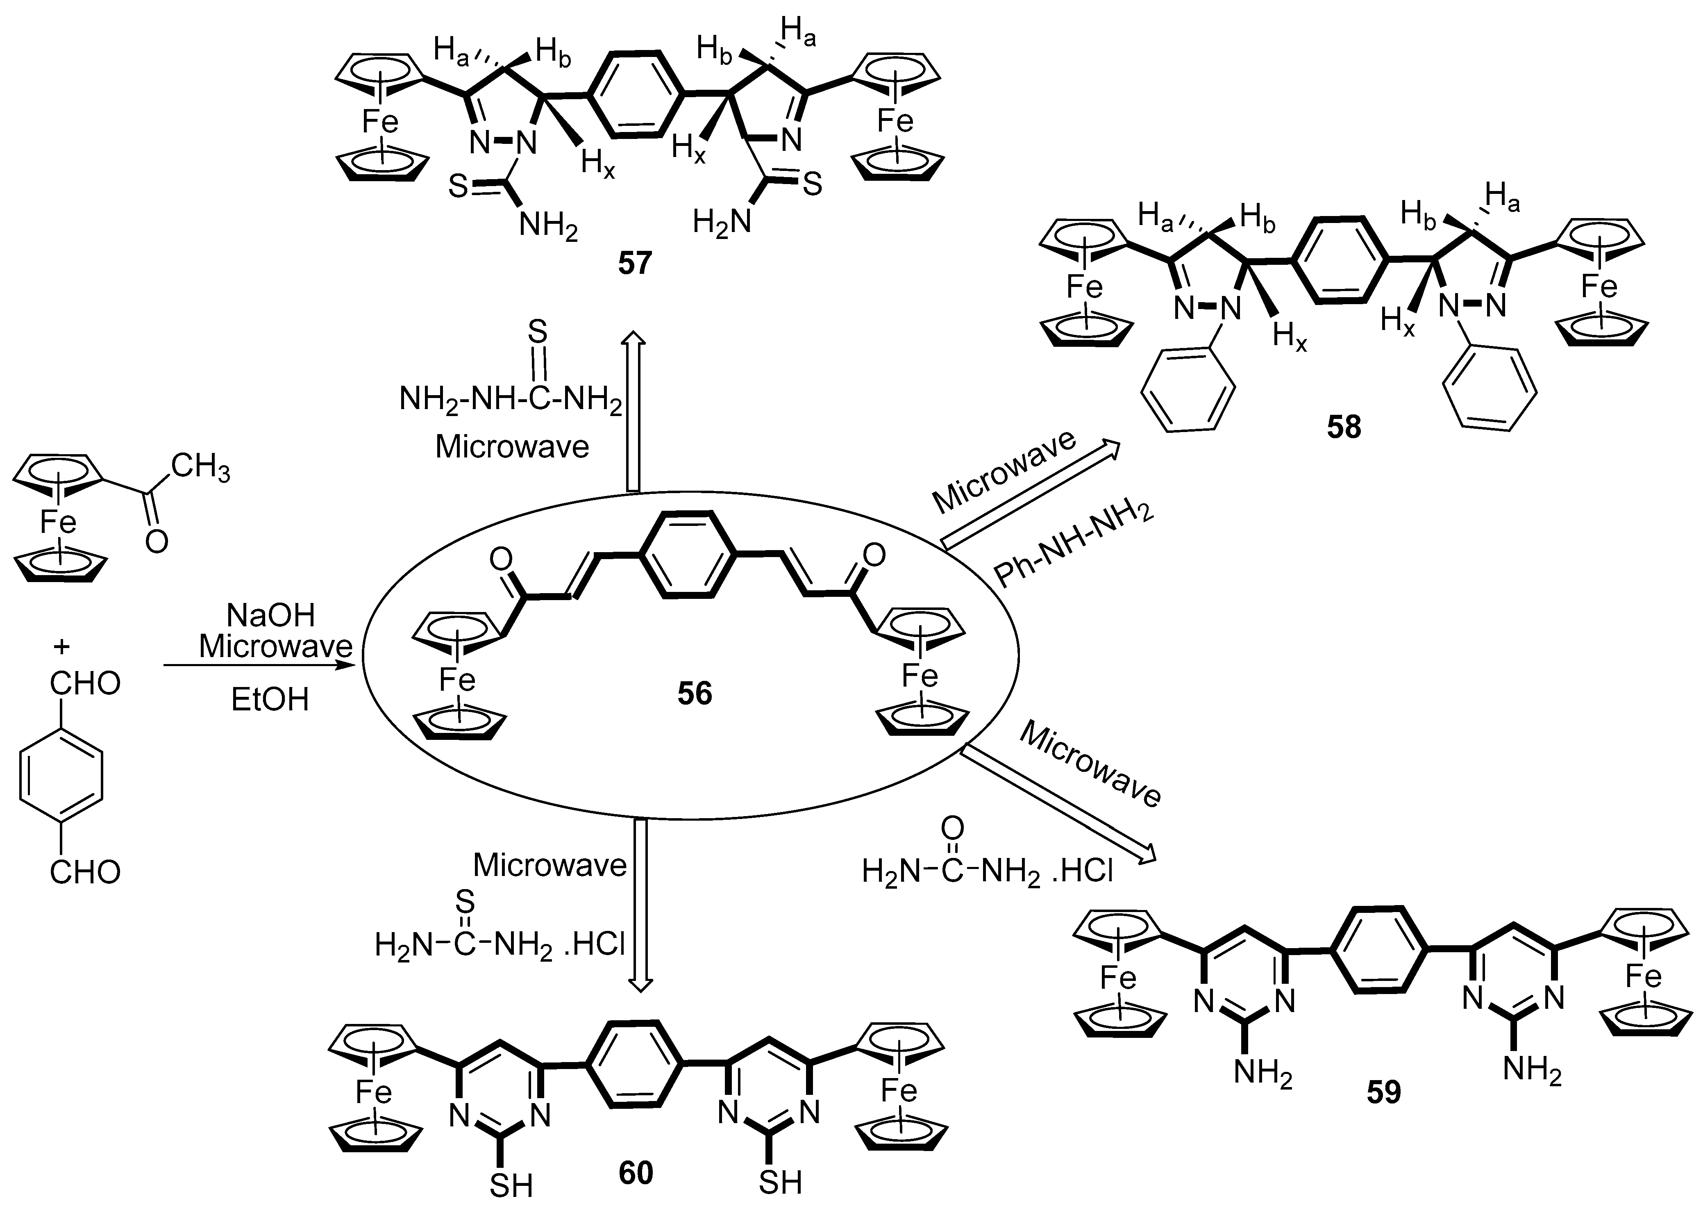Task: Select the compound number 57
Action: pyautogui.click(x=634, y=263)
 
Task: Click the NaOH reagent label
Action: pyautogui.click(x=271, y=616)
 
